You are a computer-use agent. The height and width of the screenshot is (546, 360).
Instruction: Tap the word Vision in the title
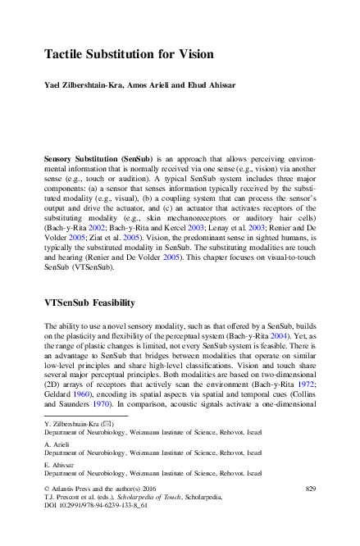point(193,55)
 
